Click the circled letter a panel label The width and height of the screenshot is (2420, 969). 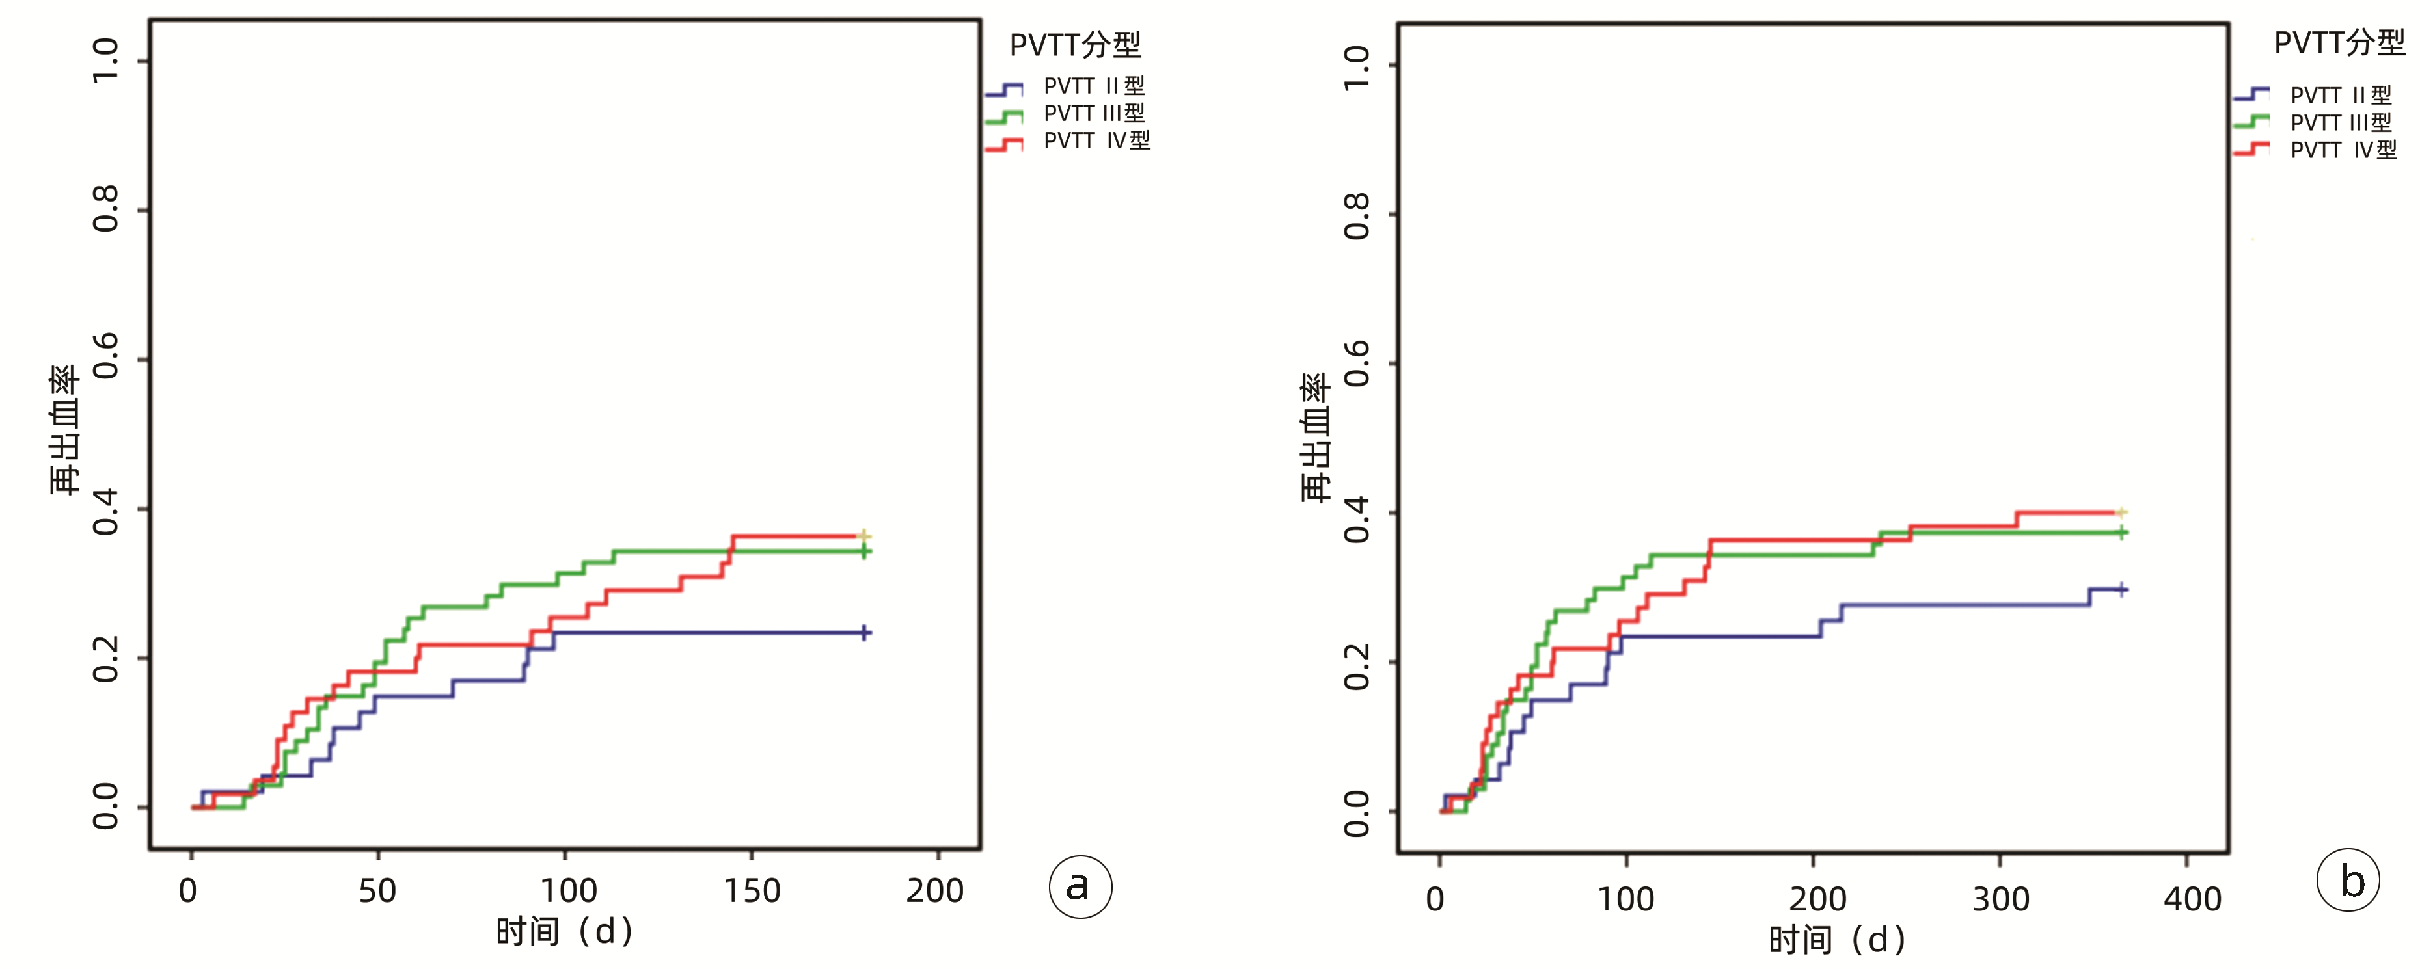coord(1080,886)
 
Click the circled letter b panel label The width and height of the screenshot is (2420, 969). coord(2348,881)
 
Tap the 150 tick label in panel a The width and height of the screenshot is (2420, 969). coord(752,890)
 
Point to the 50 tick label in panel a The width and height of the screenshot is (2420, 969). coord(377,890)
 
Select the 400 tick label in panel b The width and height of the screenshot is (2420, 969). coord(2192,899)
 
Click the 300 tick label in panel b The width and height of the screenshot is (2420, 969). coord(2000,899)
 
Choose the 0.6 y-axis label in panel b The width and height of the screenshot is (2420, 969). coord(1357,364)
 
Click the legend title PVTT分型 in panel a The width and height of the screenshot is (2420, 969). coord(1075,44)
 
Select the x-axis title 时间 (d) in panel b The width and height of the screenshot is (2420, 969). coord(1836,939)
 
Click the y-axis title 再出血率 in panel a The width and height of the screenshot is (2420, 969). coord(64,430)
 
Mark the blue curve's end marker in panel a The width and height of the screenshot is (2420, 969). coord(864,633)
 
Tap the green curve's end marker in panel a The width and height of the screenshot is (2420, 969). coord(864,551)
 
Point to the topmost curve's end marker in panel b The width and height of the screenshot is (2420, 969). coord(2120,512)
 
